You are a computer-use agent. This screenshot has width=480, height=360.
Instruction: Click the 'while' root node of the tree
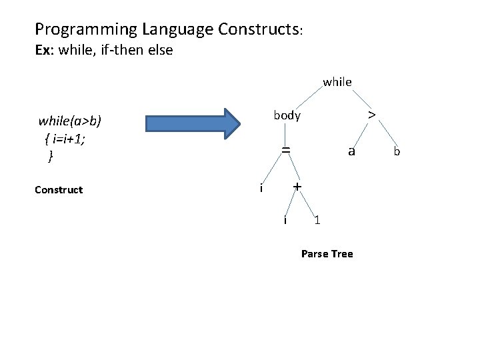[337, 82]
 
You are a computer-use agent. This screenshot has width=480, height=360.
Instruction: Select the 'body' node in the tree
[287, 115]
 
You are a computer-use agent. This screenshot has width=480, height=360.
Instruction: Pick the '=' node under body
[285, 151]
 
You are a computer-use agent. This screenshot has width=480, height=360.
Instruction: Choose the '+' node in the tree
[297, 187]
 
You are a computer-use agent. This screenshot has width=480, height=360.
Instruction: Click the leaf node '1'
[317, 220]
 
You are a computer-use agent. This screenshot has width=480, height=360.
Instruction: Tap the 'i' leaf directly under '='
[261, 188]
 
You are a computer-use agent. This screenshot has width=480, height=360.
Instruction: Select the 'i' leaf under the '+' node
[285, 220]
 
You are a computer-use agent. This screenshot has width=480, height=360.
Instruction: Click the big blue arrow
[193, 124]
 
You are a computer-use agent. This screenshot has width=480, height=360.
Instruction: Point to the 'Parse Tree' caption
[327, 254]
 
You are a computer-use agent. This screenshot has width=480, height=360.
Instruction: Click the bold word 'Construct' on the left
[59, 190]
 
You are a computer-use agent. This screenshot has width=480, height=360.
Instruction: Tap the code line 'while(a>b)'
[69, 121]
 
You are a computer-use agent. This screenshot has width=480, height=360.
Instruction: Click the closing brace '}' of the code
[51, 157]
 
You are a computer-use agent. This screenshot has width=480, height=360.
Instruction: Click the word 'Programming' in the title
[78, 29]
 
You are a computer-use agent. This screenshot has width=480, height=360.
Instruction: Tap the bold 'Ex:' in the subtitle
[45, 50]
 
